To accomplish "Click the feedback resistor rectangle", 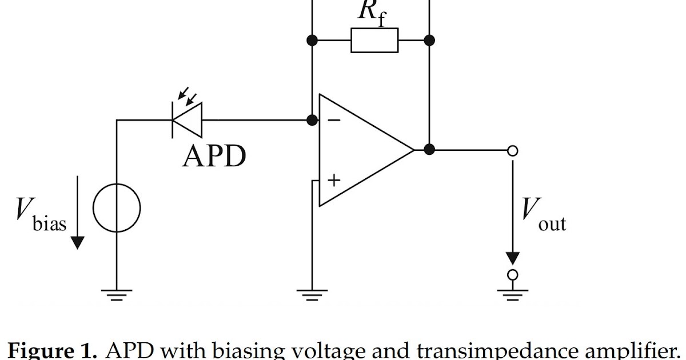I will [x=374, y=41].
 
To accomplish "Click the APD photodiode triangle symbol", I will [x=188, y=120].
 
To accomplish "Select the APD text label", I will [x=214, y=155].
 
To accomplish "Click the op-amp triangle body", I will [x=360, y=150].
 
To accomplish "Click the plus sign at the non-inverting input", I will [x=334, y=180].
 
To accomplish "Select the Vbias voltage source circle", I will [x=117, y=207].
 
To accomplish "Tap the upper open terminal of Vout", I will [x=513, y=150].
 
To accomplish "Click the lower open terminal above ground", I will [x=513, y=274].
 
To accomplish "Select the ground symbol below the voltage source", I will [x=117, y=294].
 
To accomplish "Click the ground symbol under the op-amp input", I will [x=312, y=294].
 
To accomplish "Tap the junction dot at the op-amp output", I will [x=430, y=150].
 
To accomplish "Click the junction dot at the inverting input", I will [x=312, y=120].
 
